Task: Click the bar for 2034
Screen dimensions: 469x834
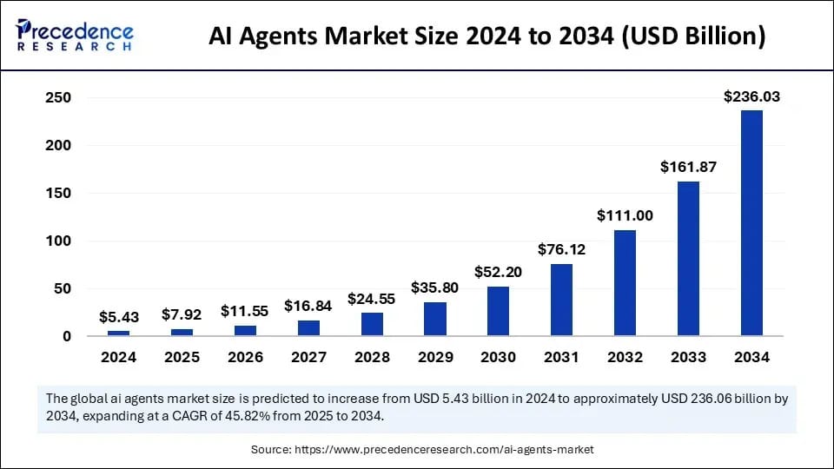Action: coord(751,223)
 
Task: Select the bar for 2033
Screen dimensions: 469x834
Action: coord(688,258)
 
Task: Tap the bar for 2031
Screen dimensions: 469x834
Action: coord(562,300)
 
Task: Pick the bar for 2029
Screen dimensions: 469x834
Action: coord(435,319)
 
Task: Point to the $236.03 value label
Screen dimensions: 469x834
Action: coord(751,97)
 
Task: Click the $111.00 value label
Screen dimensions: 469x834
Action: coord(625,215)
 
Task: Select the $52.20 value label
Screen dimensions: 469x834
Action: coord(498,272)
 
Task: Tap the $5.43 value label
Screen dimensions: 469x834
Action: coord(118,317)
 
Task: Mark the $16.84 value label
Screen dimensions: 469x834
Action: coord(308,306)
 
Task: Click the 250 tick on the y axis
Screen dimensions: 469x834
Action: coord(58,98)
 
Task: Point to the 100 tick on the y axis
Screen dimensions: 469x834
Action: coord(58,241)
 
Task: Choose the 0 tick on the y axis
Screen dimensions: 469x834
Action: coord(65,336)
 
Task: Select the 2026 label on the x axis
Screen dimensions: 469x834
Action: coord(245,357)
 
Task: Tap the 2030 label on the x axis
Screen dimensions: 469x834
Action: coord(498,357)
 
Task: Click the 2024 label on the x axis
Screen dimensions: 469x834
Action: coord(118,357)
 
